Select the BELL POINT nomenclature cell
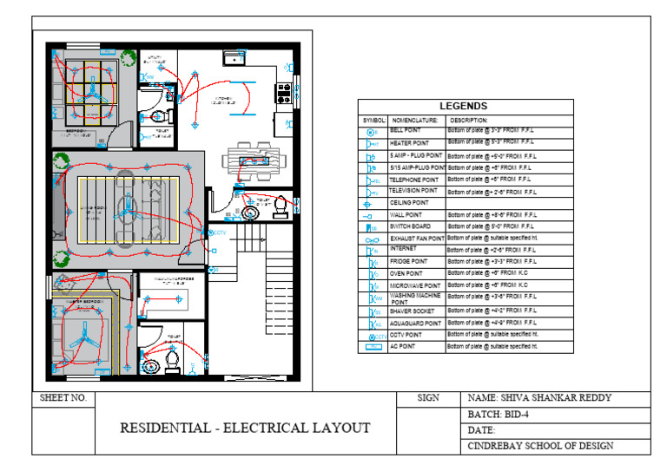pos(405,129)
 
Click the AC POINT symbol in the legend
pos(372,347)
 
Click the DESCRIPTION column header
pos(469,120)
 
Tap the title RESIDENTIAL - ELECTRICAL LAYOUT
pos(244,428)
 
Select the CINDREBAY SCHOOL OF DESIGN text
pos(540,446)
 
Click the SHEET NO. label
pos(63,398)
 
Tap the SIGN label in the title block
pos(428,398)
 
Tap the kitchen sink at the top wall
pos(234,57)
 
